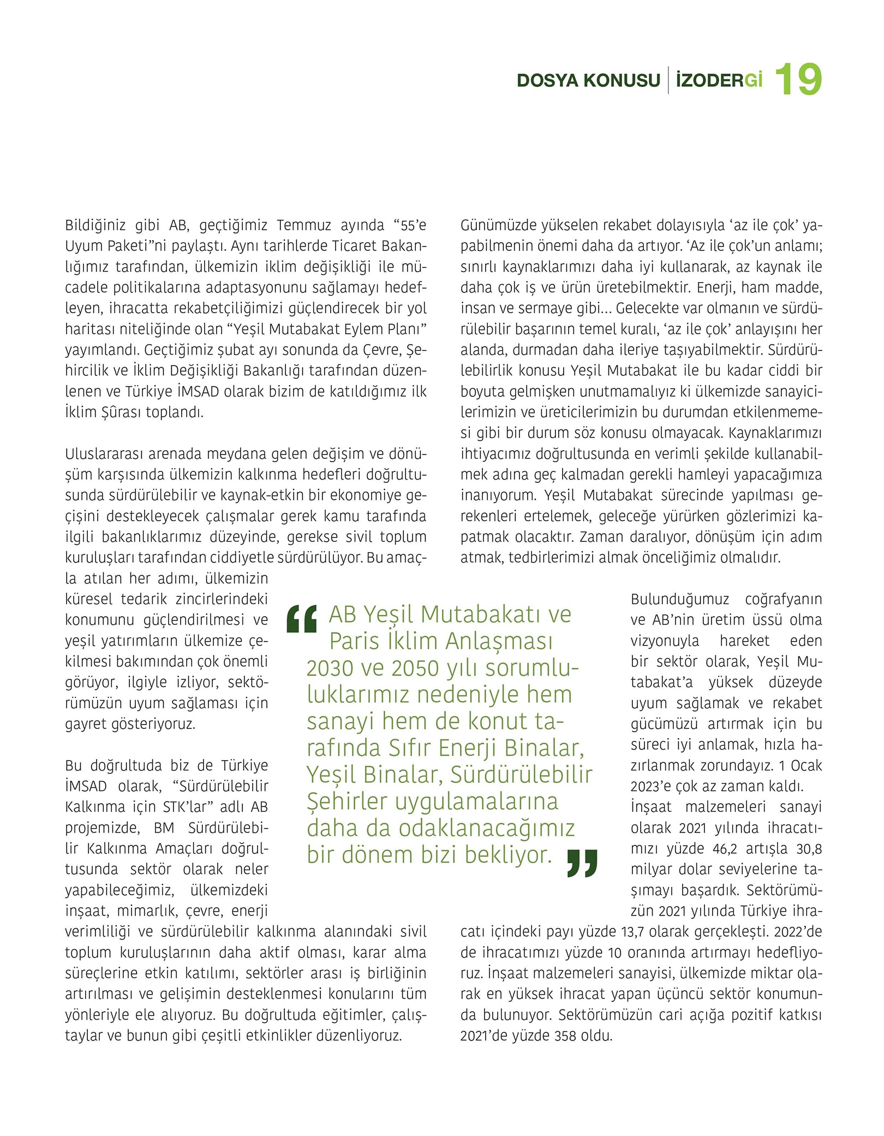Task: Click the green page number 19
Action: pyautogui.click(x=798, y=80)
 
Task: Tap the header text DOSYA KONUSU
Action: pyautogui.click(x=588, y=81)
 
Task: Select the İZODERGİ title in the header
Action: pyautogui.click(x=719, y=80)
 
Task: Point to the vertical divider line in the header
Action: pyautogui.click(x=668, y=80)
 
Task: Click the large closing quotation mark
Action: pyautogui.click(x=582, y=863)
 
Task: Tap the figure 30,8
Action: pyautogui.click(x=809, y=848)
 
